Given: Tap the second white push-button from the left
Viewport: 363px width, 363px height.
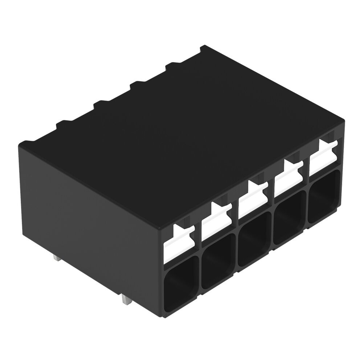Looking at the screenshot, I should coord(216,221).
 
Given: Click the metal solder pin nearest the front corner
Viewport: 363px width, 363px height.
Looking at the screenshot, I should coord(126,300).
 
